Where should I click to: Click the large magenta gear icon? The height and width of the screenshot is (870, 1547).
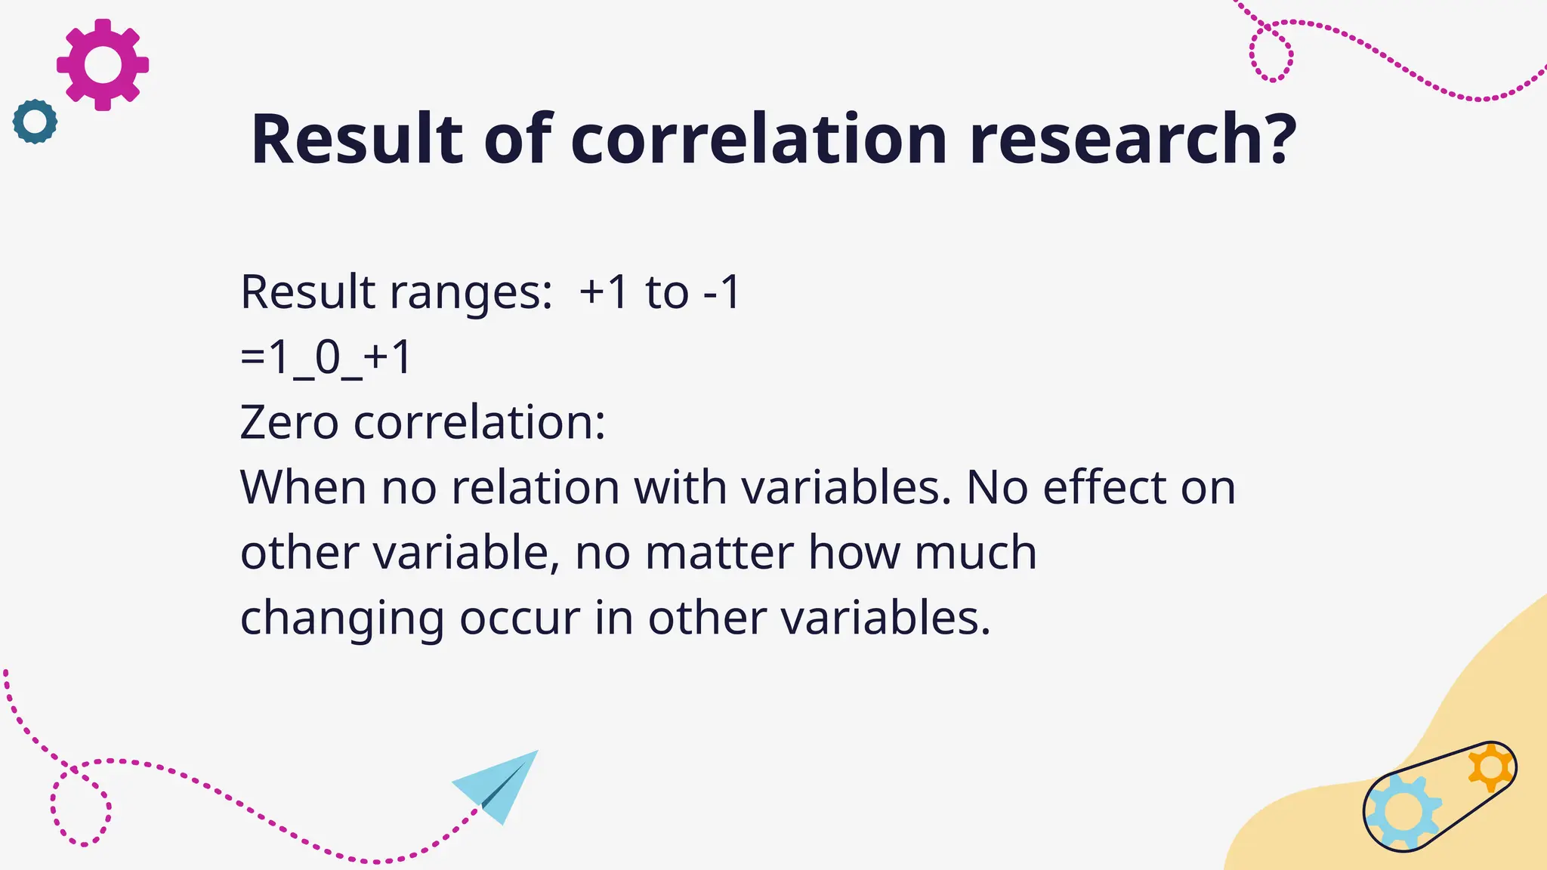coord(103,65)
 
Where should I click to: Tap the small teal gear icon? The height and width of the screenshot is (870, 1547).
coord(35,121)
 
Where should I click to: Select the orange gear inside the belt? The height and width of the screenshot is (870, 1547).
coord(1490,768)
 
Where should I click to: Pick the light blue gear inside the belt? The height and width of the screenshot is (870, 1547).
coord(1403,812)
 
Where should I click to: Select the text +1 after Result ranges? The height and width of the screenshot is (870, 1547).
coord(604,292)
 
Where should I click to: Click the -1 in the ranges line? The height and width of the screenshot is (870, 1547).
coord(721,292)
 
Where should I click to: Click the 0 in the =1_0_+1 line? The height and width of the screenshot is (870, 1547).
coord(328,357)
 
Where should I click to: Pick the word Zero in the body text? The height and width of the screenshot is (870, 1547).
coord(289,422)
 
